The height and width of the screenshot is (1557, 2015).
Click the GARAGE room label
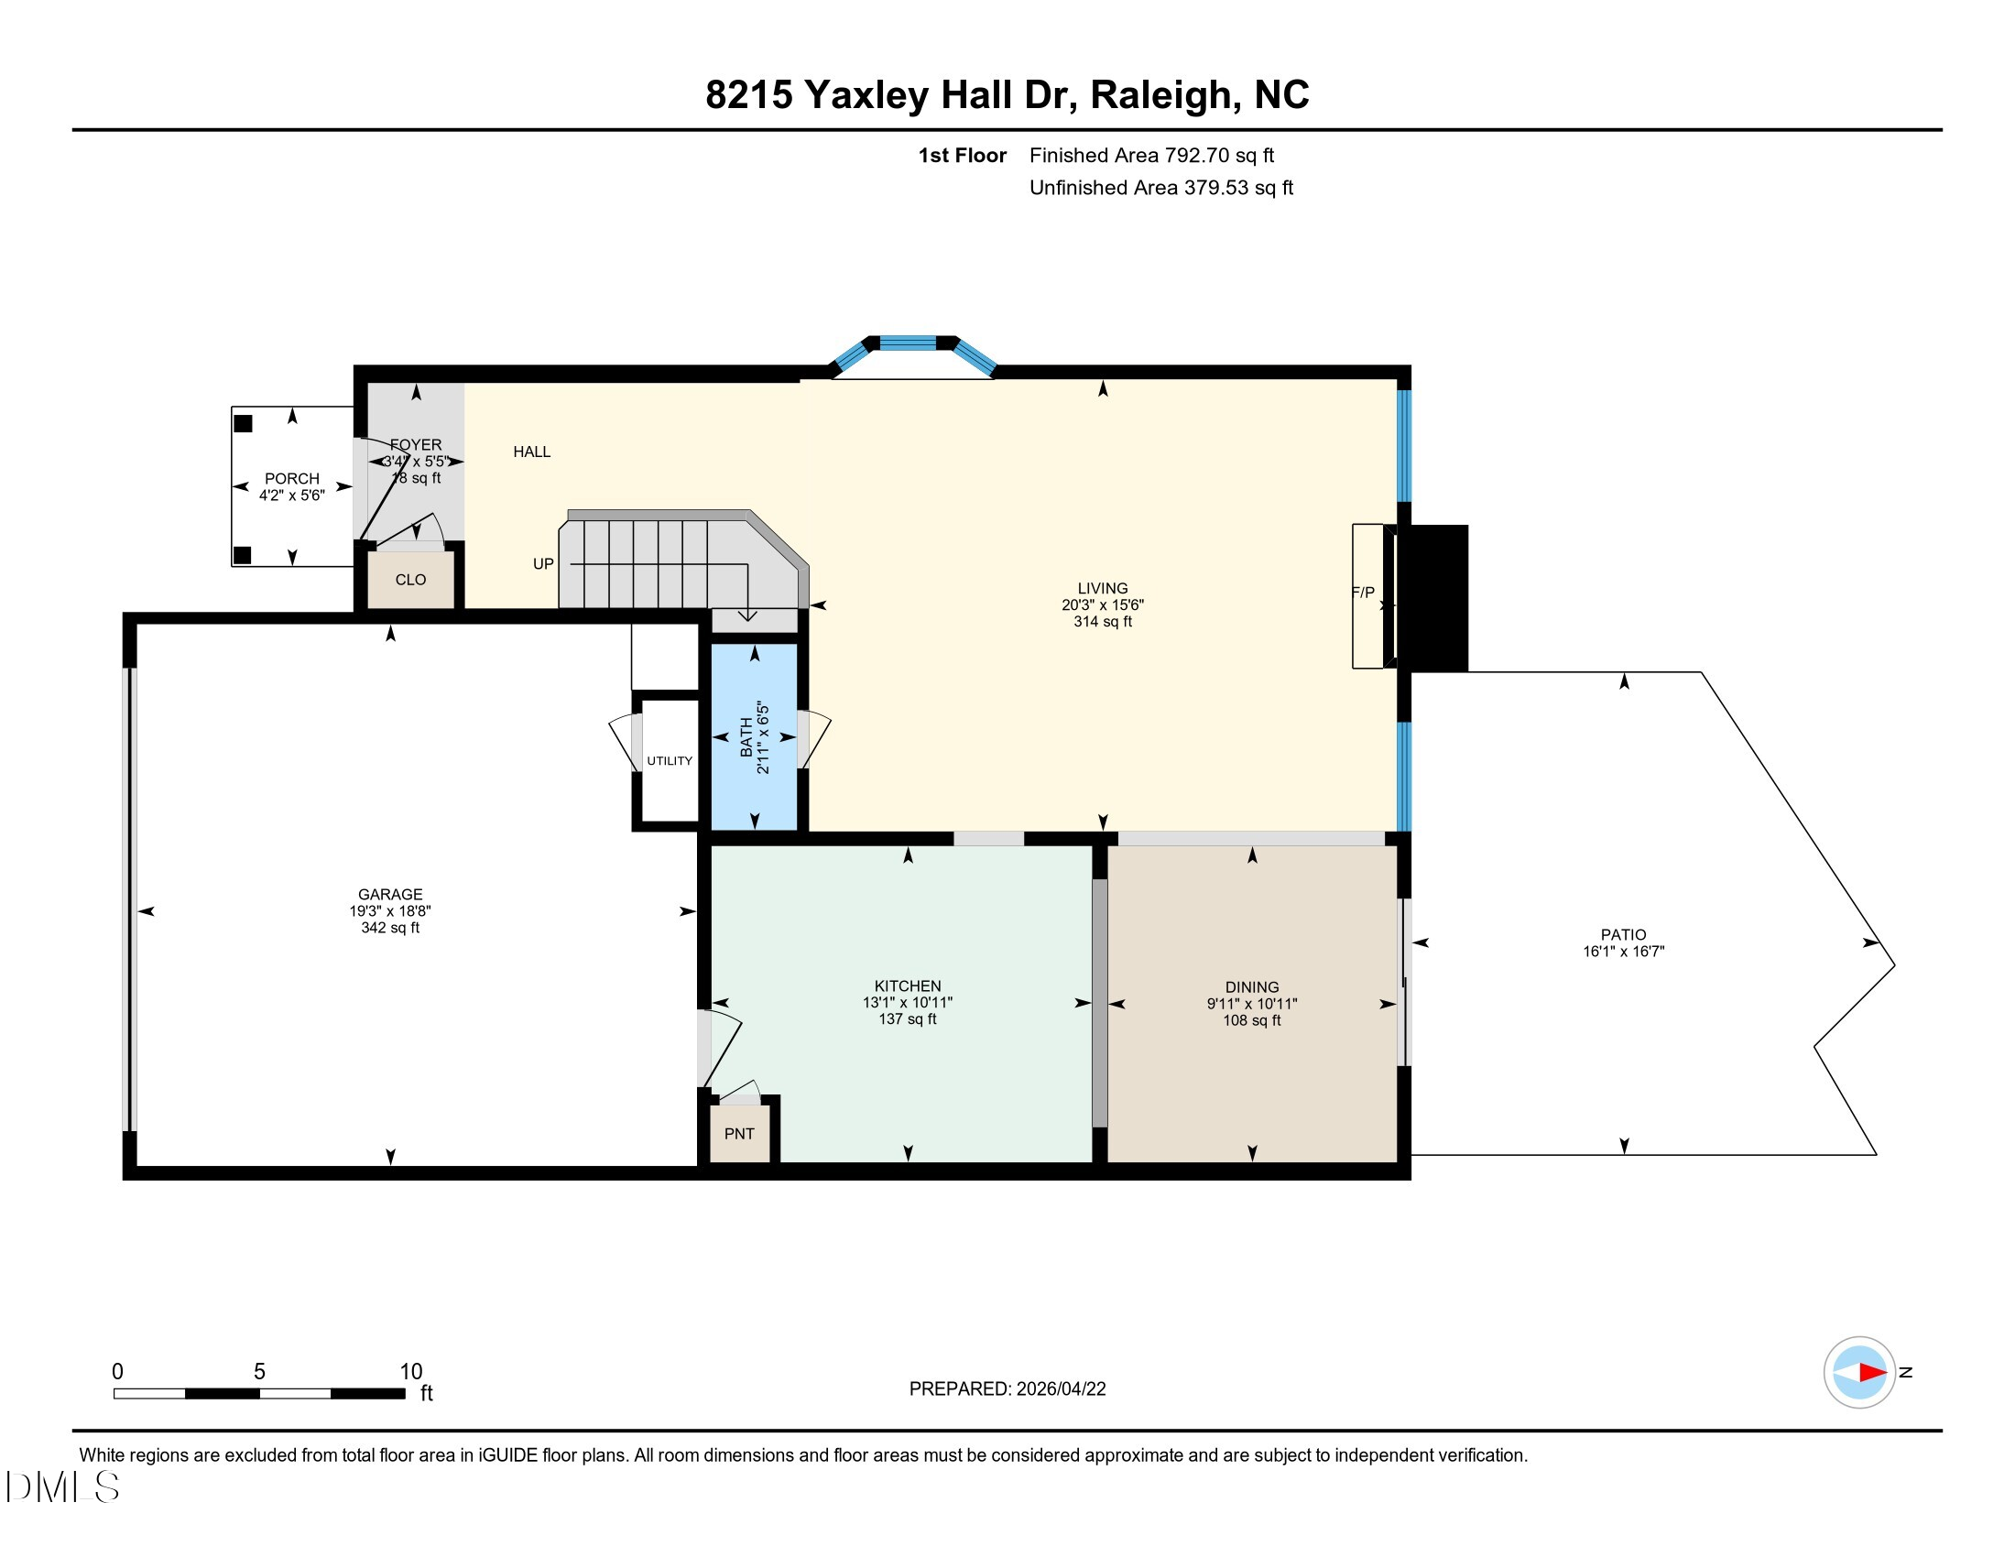pos(390,894)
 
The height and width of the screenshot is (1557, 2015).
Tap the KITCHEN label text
pos(908,986)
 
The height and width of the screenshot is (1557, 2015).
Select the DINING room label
pos(1252,987)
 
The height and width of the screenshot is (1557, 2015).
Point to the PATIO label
pos(1624,934)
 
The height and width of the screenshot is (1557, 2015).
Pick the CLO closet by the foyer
pos(410,579)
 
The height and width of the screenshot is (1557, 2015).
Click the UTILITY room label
pos(670,761)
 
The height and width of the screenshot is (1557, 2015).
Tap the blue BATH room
pos(755,737)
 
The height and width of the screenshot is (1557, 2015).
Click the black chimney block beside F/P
pos(1432,598)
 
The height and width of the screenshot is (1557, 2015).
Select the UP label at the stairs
pos(543,563)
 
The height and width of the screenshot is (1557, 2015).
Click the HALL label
pos(531,451)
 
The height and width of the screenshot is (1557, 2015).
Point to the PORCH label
pos(292,479)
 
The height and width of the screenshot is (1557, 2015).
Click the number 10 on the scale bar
pos(410,1372)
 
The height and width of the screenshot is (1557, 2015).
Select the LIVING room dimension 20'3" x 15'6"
pos(1103,605)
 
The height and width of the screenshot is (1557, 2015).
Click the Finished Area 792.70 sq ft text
pos(1151,155)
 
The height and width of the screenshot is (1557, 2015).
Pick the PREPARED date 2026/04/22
pos(1060,1389)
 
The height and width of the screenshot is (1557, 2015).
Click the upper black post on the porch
pos(243,423)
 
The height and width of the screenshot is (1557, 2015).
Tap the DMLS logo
pos(61,1486)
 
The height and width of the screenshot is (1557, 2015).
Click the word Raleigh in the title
pos(1160,95)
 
